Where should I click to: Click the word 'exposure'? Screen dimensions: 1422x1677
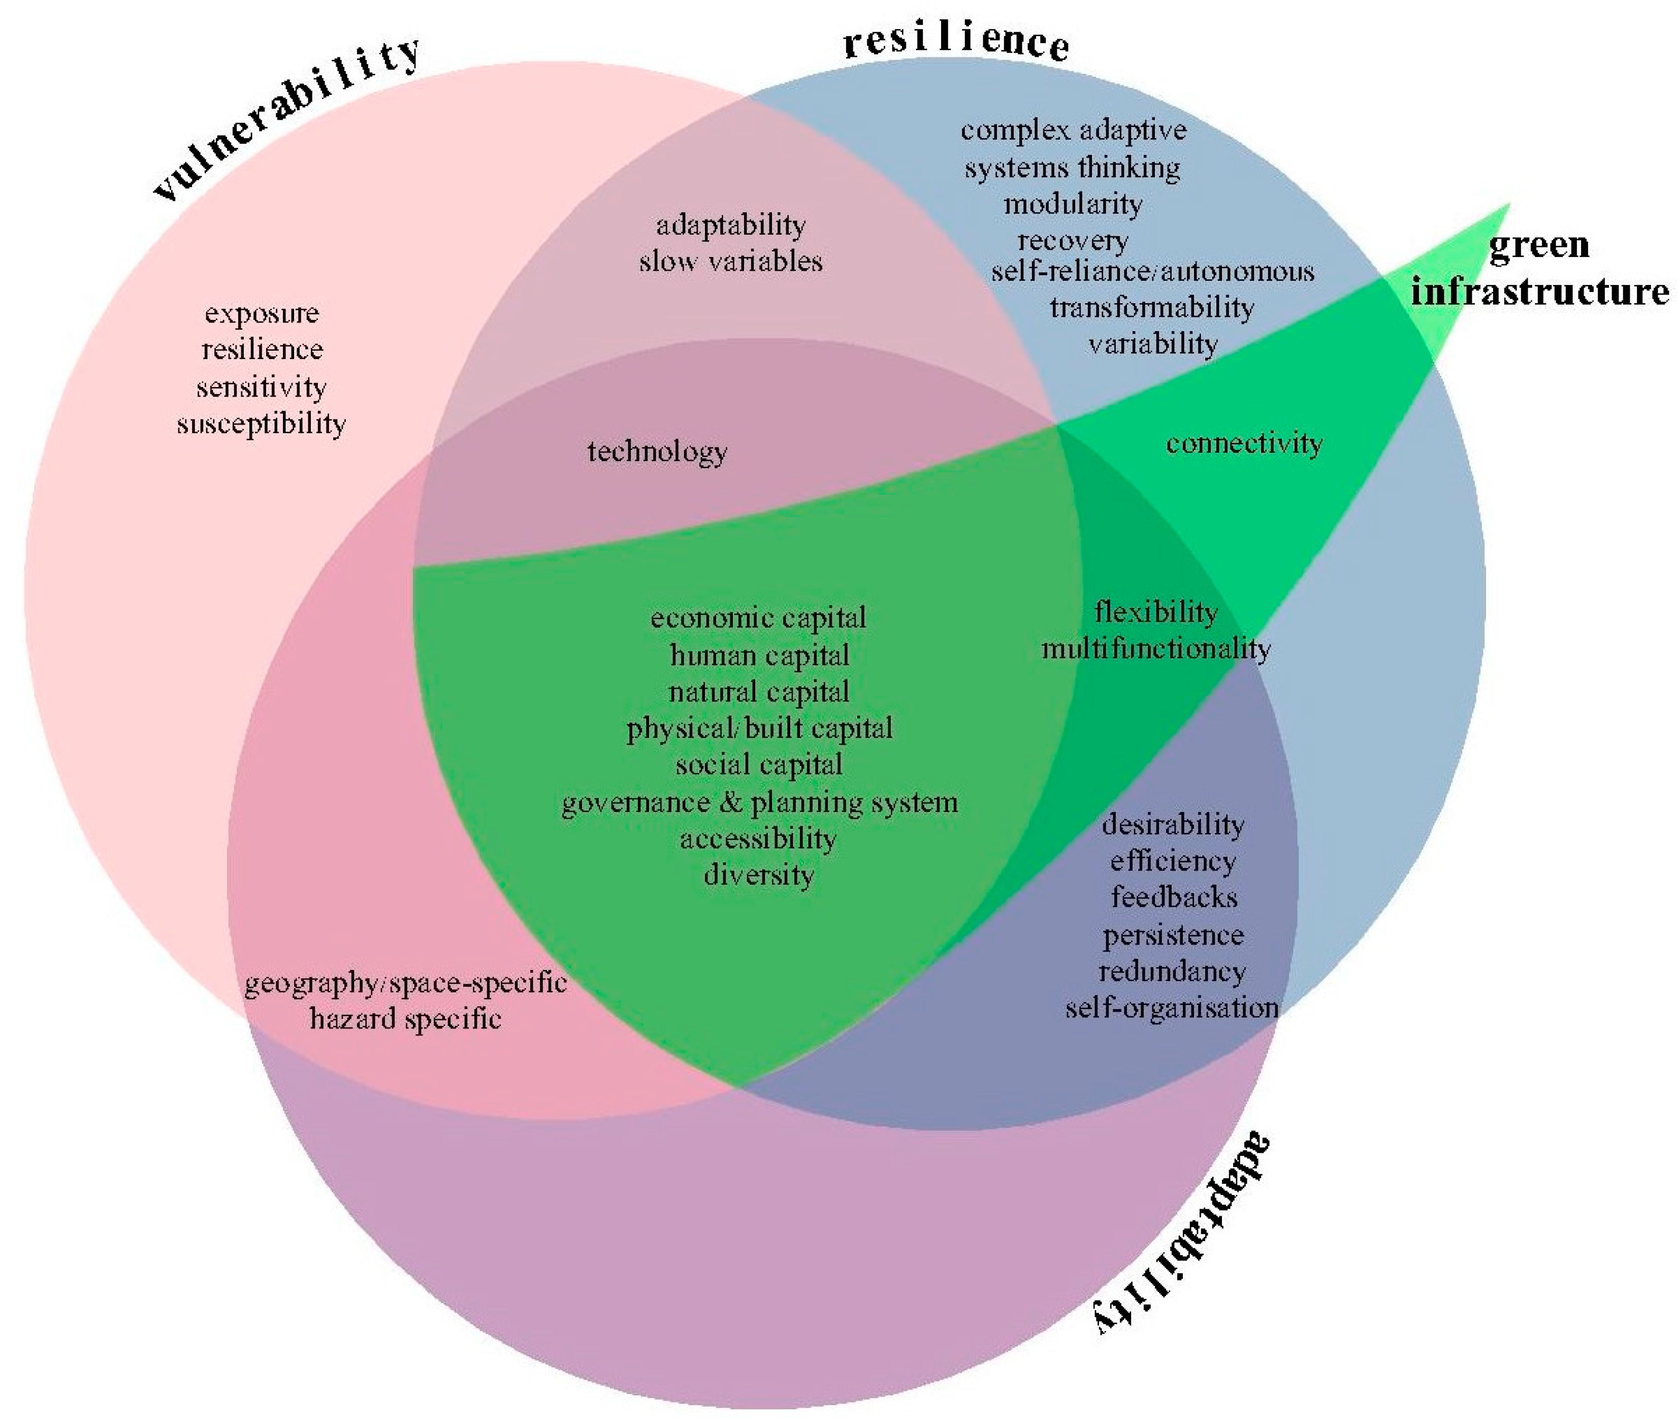coord(262,313)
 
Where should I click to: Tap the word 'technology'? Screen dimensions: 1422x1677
coord(657,451)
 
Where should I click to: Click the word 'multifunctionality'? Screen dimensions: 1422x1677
coord(1156,649)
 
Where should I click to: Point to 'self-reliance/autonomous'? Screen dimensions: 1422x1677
coord(1152,272)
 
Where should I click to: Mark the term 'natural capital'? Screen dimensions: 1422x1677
coord(759,692)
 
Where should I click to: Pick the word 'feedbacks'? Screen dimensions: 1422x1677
coord(1174,898)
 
